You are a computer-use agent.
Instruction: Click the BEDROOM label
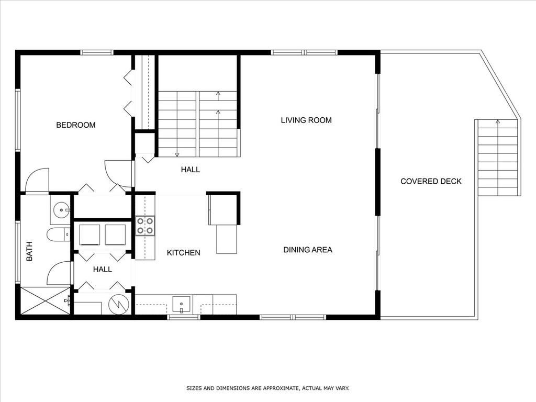(x=75, y=125)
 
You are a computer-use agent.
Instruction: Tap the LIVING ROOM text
(x=306, y=120)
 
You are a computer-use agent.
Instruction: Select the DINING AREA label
(x=308, y=250)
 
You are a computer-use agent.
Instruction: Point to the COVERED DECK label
(x=431, y=181)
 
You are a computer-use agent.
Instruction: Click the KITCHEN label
(x=184, y=253)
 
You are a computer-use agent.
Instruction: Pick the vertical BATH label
(x=29, y=251)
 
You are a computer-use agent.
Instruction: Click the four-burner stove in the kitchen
(x=145, y=226)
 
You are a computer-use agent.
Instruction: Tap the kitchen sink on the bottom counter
(x=181, y=305)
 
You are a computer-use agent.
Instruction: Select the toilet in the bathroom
(x=59, y=234)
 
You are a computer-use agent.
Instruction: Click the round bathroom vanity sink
(x=62, y=209)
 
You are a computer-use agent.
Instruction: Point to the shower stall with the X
(x=46, y=300)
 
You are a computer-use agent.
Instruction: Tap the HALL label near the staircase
(x=191, y=170)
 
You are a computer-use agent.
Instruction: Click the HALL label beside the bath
(x=103, y=270)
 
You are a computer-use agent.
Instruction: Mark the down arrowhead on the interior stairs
(x=177, y=154)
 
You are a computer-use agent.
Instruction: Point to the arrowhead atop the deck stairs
(x=498, y=121)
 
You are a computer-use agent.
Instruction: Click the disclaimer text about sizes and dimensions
(x=267, y=388)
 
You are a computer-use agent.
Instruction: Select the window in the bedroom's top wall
(x=97, y=53)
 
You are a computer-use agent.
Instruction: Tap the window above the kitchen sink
(x=184, y=317)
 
